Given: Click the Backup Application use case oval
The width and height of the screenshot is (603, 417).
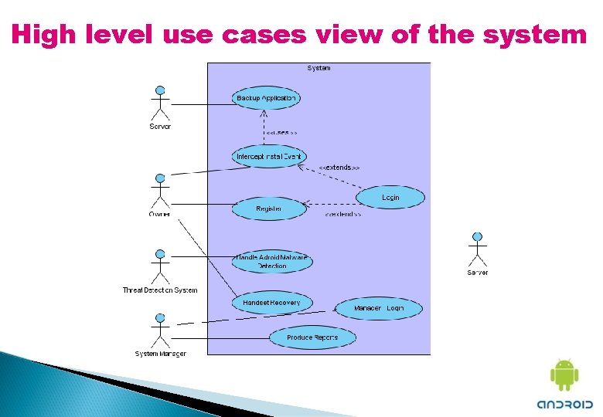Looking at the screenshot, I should click(x=265, y=98).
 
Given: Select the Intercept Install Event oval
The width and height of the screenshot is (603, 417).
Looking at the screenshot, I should click(x=269, y=156).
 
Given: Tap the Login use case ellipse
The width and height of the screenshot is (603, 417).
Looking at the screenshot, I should click(x=390, y=198).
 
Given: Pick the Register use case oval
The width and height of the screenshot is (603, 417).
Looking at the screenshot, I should click(x=268, y=208).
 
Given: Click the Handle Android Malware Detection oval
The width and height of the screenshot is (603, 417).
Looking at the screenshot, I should click(x=271, y=262).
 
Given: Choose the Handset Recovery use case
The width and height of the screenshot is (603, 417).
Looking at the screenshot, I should click(x=271, y=303).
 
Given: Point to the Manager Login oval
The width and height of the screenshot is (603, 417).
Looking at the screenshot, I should click(x=379, y=308).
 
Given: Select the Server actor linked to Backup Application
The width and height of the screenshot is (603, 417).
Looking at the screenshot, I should click(x=159, y=102).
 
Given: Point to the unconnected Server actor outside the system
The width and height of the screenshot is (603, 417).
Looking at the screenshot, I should click(x=477, y=249).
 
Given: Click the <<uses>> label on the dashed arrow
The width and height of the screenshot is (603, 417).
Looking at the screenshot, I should click(x=281, y=132).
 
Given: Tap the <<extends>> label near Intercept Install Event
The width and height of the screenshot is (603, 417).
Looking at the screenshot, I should click(x=339, y=167).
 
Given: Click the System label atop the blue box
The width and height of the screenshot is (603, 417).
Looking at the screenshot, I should click(x=319, y=68).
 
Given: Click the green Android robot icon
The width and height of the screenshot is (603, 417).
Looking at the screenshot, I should click(x=564, y=375).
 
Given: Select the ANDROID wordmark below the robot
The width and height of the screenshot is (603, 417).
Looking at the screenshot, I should click(x=564, y=404).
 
